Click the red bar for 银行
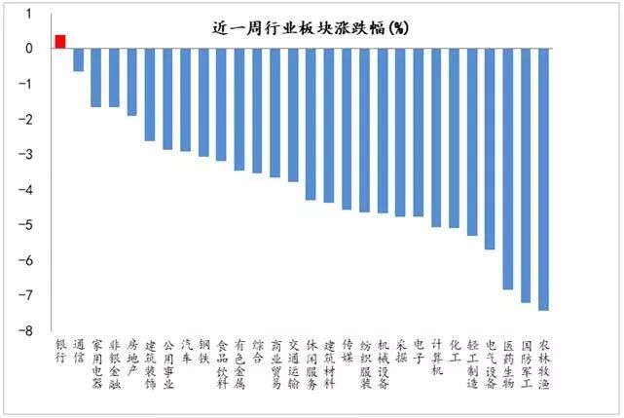60,41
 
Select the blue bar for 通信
78,59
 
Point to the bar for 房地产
131,82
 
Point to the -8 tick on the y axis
28,331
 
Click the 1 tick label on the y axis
29,14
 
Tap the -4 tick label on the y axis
28,190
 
